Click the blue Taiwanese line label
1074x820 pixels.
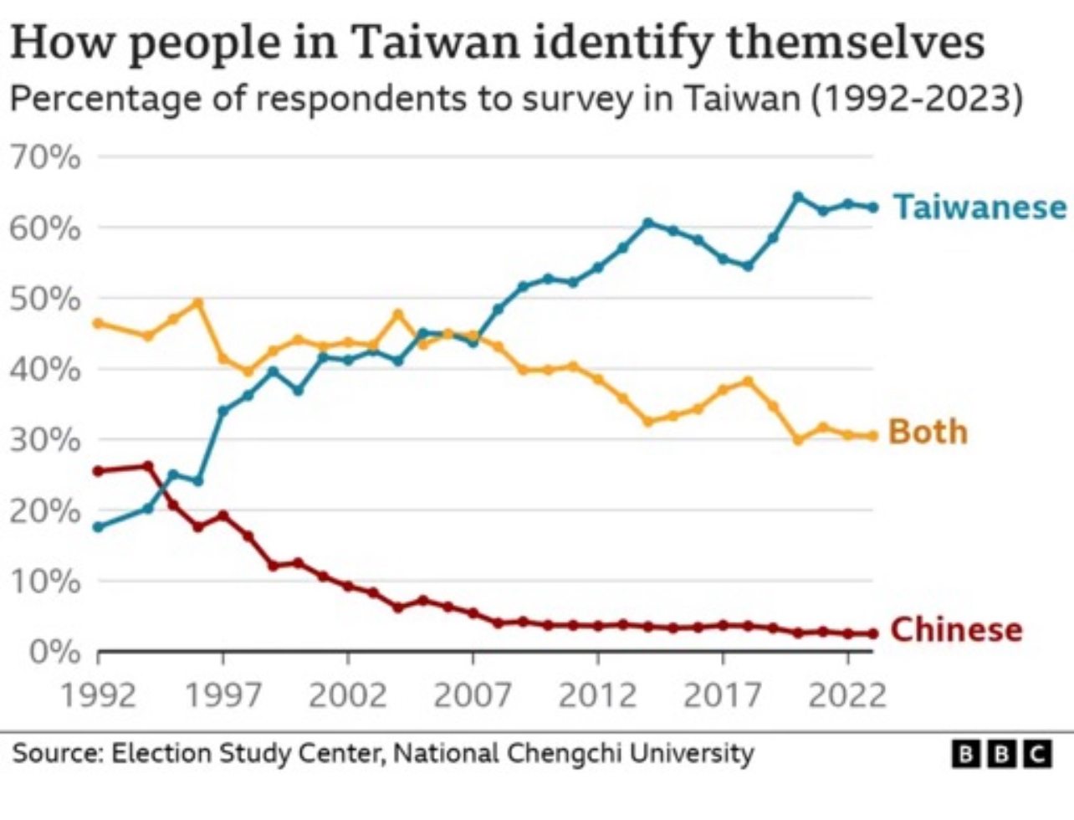(x=979, y=206)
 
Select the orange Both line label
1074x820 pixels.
(x=927, y=432)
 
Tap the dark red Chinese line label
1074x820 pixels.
(x=956, y=629)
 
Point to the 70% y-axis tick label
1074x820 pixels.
(x=47, y=157)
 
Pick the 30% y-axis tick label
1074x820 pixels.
(x=47, y=439)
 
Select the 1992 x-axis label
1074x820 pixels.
(x=98, y=694)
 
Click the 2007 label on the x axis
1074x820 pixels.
(x=473, y=694)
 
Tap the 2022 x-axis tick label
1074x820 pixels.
(x=847, y=694)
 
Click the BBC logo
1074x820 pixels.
(x=1002, y=754)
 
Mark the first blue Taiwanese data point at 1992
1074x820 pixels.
(x=98, y=527)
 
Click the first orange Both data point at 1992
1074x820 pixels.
(x=98, y=323)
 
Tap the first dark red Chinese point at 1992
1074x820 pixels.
(x=98, y=471)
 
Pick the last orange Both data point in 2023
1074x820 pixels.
(x=873, y=436)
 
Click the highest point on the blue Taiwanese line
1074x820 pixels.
(x=798, y=197)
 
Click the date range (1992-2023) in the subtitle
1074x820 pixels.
(x=916, y=100)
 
